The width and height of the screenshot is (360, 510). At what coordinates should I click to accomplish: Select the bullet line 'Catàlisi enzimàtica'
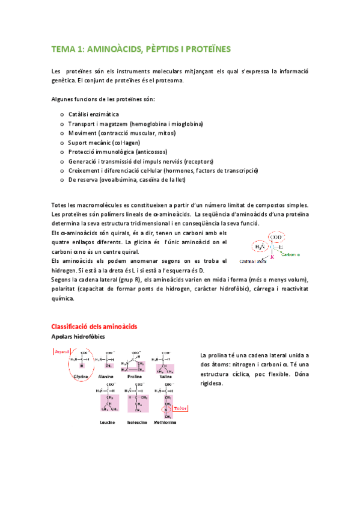tap(93, 114)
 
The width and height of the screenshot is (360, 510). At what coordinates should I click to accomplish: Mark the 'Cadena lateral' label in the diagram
tap(252, 262)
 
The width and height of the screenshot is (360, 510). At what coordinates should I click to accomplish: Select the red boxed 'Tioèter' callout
tap(181, 408)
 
